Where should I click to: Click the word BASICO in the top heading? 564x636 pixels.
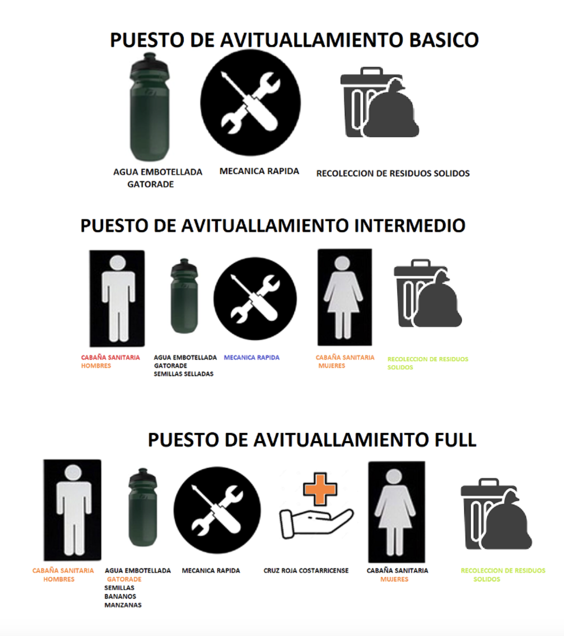[x=444, y=40]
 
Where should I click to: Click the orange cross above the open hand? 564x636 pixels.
[x=320, y=489]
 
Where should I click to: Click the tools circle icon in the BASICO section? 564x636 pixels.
[x=250, y=103]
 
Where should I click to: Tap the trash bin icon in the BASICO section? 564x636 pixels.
[x=380, y=102]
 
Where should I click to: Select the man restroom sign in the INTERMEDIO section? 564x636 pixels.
[x=117, y=298]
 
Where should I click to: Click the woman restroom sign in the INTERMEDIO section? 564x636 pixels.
[x=345, y=297]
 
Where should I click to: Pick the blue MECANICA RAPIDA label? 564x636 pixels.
[x=252, y=357]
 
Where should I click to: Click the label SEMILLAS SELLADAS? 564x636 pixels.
[x=184, y=374]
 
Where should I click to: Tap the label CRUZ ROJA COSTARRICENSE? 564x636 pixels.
[x=306, y=570]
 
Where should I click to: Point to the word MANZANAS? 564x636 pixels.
[x=123, y=605]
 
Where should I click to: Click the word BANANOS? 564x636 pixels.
[x=120, y=596]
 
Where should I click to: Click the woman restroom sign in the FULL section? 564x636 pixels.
[x=397, y=512]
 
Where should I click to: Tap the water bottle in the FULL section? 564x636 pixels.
[x=143, y=507]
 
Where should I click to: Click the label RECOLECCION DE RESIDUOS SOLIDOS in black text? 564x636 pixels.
[x=393, y=173]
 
